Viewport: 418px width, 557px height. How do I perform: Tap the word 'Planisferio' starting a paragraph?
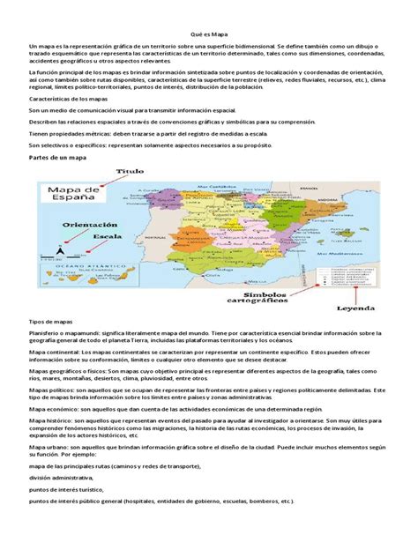46,336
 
